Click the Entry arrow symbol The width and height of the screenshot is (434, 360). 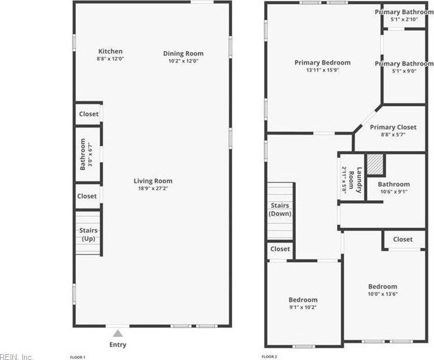[x=118, y=333]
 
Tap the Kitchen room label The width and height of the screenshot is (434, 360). [x=110, y=52]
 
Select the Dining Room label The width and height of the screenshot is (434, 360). [x=183, y=54]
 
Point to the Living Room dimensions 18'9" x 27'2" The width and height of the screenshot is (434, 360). [x=153, y=189]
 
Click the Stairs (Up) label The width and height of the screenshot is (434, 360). [x=89, y=234]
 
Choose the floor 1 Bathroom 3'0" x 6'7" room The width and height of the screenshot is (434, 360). [x=86, y=154]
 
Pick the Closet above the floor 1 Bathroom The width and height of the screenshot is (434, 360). [x=89, y=114]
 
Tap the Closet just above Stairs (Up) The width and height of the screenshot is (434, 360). [x=88, y=196]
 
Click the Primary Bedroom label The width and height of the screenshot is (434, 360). [x=323, y=63]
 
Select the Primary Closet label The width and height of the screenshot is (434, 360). [x=393, y=127]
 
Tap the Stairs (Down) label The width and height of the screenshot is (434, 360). [x=280, y=210]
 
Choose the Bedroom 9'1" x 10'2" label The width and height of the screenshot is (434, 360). [x=303, y=300]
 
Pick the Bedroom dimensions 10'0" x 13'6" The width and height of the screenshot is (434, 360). [x=383, y=294]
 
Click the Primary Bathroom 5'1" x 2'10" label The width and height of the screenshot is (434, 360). [x=405, y=12]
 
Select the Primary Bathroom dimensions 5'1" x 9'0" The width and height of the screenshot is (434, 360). [x=404, y=71]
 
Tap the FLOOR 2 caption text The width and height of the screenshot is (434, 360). [x=270, y=356]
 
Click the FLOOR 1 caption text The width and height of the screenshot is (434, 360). [x=78, y=357]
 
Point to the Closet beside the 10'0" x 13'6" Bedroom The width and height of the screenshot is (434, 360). [x=403, y=239]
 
